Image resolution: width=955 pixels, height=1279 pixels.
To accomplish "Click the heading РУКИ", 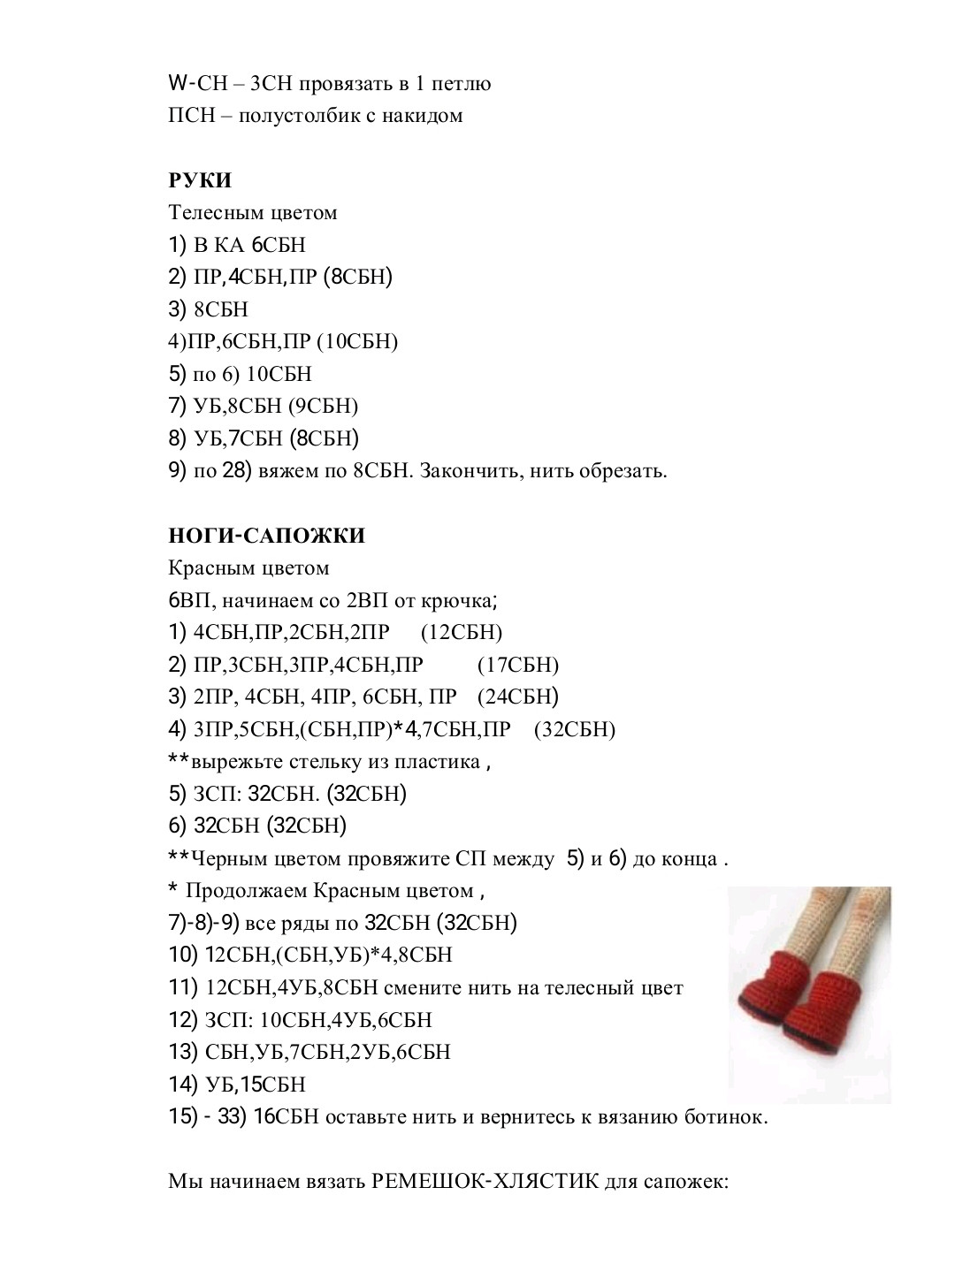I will click(200, 180).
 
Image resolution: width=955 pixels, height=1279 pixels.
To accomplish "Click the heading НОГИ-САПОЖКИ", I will click(266, 536).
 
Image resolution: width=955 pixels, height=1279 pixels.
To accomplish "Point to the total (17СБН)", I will click(518, 665).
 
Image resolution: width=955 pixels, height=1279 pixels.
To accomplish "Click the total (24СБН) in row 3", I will click(518, 697).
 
